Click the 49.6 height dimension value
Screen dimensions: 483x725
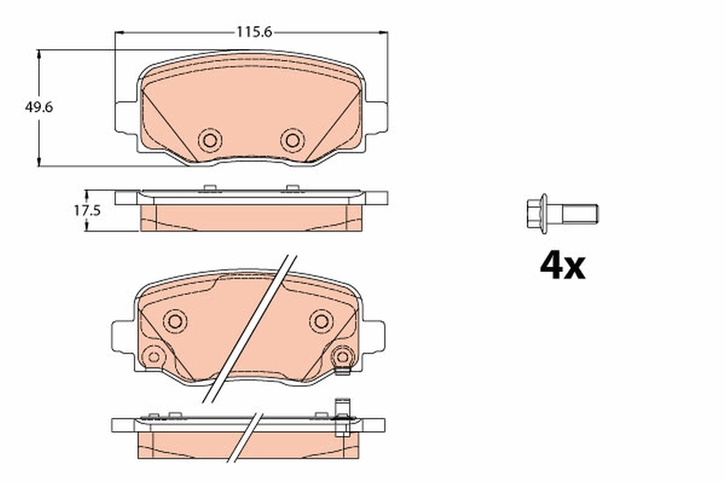click(39, 107)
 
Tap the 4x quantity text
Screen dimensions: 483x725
click(562, 266)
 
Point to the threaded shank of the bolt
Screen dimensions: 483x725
click(580, 214)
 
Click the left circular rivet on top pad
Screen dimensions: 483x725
click(210, 141)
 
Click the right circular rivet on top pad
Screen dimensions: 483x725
click(292, 141)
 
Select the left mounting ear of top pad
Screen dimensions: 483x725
click(126, 117)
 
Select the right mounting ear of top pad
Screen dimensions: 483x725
click(376, 117)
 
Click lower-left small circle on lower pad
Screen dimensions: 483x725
click(153, 357)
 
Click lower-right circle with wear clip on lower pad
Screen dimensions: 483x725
click(343, 357)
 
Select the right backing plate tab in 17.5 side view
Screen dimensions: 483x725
click(376, 198)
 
